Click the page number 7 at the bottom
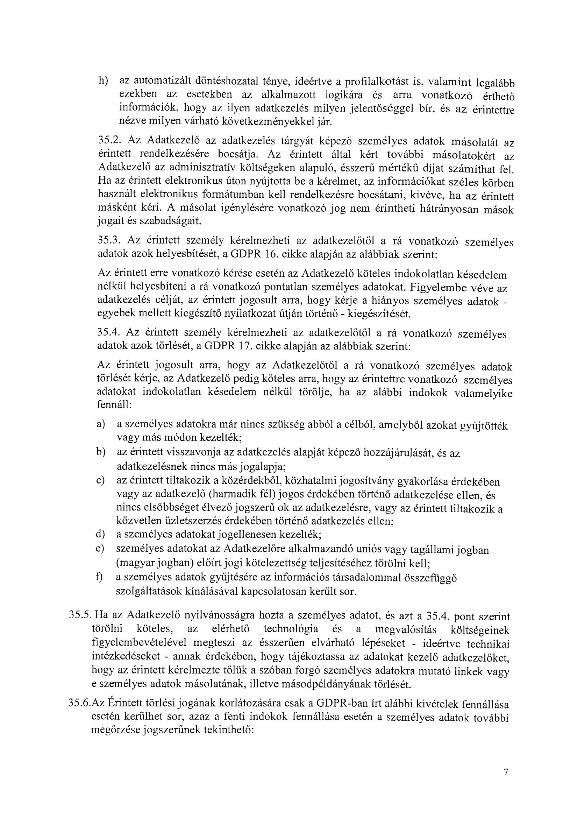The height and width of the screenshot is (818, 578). pos(505,769)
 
